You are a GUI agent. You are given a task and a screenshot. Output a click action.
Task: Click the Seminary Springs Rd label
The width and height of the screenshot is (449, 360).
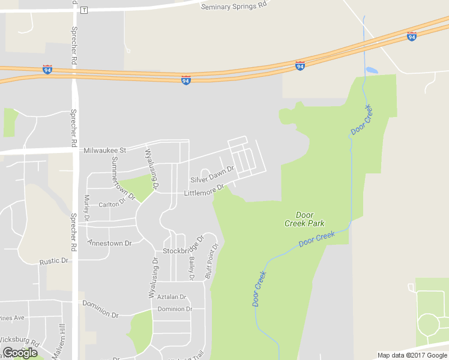pos(234,7)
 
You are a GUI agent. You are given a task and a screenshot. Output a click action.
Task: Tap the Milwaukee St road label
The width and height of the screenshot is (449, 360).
pos(105,150)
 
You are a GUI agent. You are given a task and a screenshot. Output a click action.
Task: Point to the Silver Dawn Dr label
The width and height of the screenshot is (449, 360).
pos(211,176)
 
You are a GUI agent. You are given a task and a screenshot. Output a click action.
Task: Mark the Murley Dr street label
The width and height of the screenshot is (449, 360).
pos(87,207)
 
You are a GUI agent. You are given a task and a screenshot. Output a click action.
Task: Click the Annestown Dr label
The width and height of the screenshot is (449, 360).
pos(109,243)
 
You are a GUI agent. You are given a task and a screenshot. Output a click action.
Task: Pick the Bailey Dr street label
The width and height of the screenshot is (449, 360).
pos(192,268)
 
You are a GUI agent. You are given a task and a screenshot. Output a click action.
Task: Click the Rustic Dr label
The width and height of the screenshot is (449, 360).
pos(54,262)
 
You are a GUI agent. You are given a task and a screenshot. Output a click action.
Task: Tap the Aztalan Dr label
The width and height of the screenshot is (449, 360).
pos(172,297)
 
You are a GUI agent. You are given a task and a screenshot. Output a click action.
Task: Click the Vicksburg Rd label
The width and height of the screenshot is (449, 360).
pos(19,343)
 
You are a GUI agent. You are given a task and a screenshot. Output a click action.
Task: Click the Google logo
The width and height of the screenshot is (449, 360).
pos(20,353)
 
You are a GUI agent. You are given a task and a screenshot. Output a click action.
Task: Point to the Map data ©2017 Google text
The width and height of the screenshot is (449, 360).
pos(412,355)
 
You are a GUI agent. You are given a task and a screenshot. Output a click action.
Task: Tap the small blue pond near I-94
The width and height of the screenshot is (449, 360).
pos(372,70)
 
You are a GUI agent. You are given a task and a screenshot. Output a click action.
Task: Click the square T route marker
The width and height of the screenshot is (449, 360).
pos(84,10)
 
